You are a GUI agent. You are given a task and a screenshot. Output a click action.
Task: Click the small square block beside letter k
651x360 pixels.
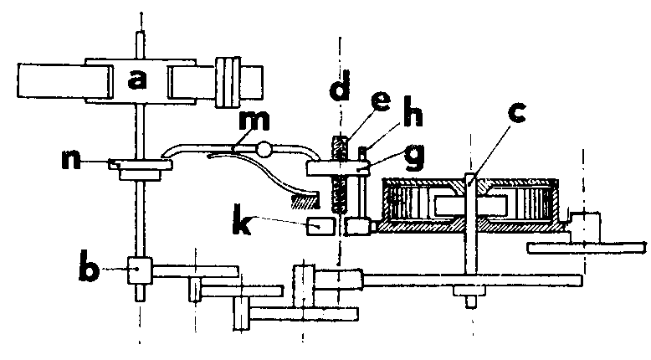pyautogui.click(x=320, y=226)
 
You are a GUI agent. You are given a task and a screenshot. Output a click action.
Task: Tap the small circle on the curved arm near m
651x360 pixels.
pyautogui.click(x=265, y=151)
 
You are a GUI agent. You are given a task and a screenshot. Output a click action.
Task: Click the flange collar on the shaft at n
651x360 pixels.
pyautogui.click(x=141, y=168)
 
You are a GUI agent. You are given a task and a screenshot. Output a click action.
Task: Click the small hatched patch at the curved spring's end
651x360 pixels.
pyautogui.click(x=305, y=200)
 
